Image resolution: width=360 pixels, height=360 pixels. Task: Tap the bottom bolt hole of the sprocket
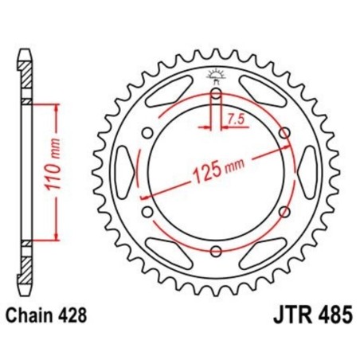(216, 252)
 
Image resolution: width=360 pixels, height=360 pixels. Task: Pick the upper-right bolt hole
(284, 134)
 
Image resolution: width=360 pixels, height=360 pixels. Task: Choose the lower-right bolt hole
(284, 212)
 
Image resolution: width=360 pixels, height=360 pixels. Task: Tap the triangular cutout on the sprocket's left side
(126, 173)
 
